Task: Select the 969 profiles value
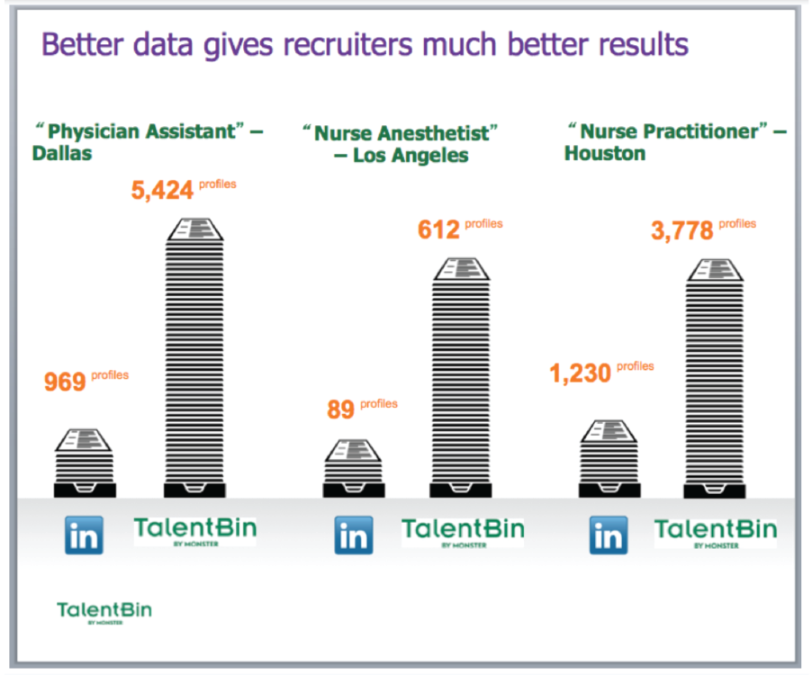tap(65, 381)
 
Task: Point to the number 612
tap(439, 230)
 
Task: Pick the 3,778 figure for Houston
tap(681, 231)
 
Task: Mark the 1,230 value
tap(581, 373)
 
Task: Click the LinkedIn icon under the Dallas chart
tap(85, 535)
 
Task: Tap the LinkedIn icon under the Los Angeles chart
tap(354, 535)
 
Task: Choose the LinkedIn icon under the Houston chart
tap(609, 535)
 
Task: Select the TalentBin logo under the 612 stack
tap(463, 531)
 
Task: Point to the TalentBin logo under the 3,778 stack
tap(716, 531)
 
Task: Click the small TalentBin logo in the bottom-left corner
tap(104, 611)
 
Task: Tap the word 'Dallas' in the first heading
tap(62, 153)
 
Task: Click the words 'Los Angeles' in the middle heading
tap(411, 155)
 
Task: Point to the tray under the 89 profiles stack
tap(354, 490)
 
